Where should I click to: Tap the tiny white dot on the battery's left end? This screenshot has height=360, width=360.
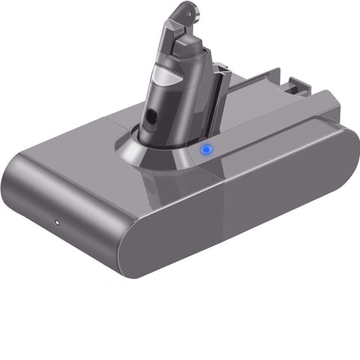(57, 223)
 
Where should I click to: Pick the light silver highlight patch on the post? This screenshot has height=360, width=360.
(166, 77)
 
